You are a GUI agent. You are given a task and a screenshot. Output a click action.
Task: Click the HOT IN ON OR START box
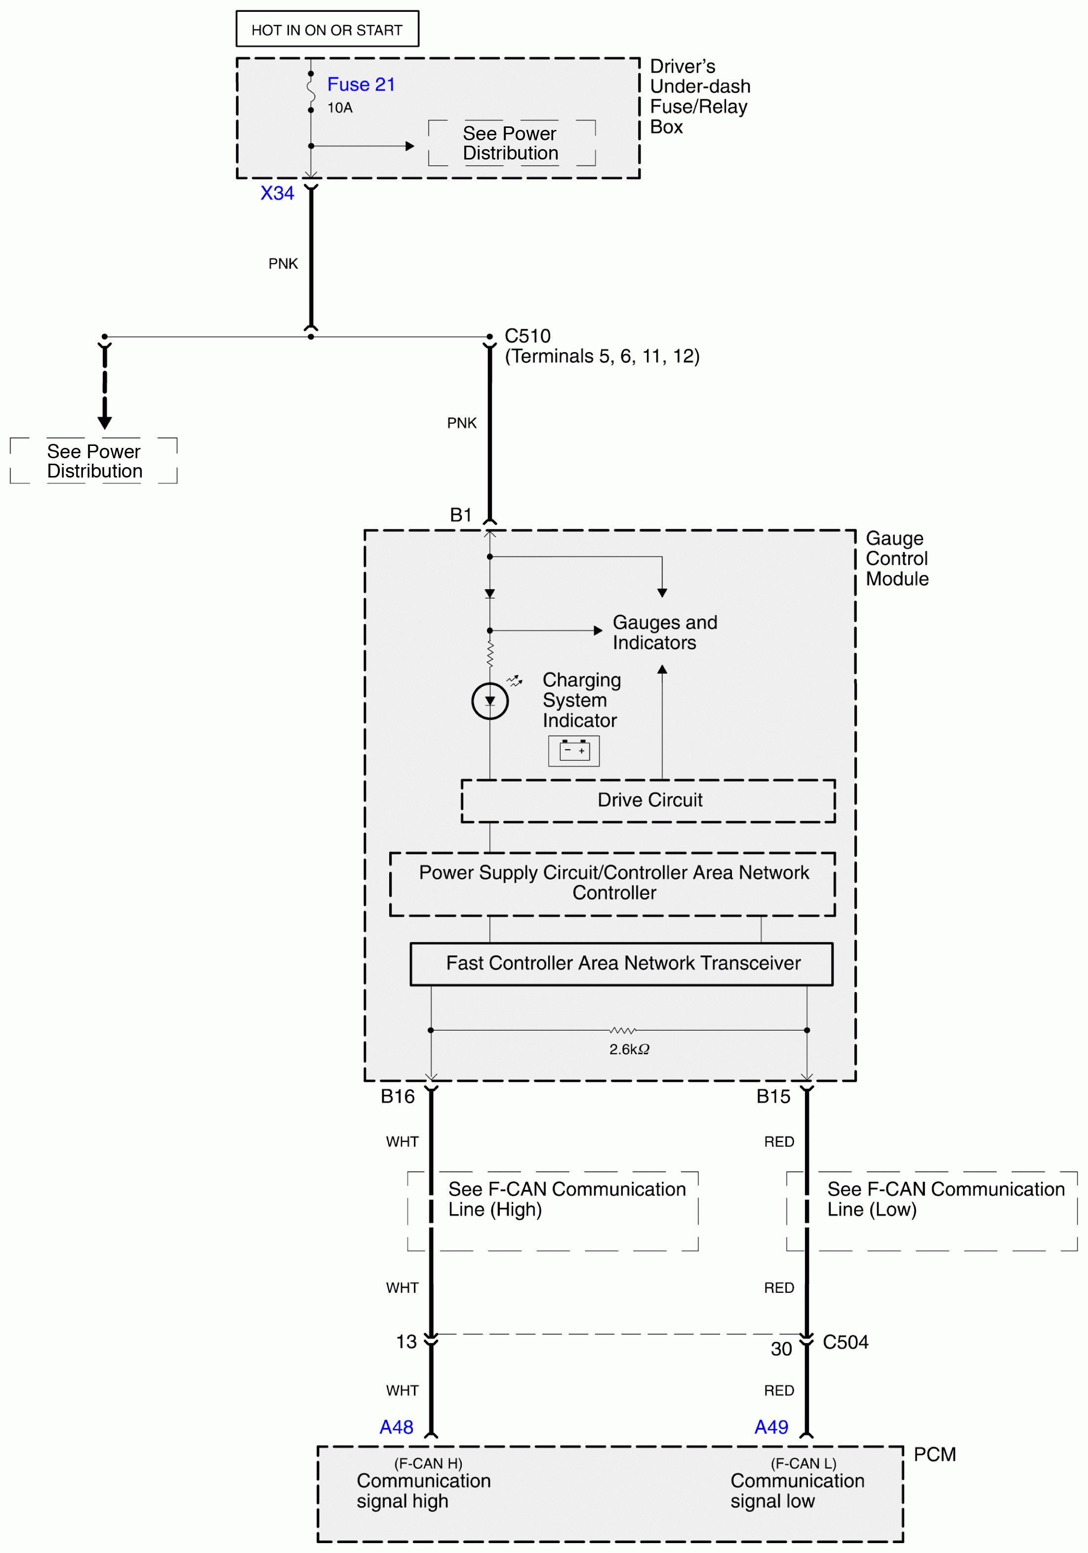tap(327, 29)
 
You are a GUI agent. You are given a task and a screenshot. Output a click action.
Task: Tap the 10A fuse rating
tap(340, 108)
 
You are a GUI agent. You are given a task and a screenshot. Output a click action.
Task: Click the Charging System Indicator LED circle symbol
tap(489, 701)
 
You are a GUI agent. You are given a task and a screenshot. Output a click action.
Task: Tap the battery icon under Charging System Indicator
tap(574, 751)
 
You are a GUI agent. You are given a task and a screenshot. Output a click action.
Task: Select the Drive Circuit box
tap(648, 801)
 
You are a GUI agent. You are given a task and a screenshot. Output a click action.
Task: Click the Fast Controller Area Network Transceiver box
tap(621, 963)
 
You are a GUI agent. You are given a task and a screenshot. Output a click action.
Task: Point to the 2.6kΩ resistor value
tap(629, 1049)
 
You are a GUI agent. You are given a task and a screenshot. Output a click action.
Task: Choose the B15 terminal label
tap(773, 1096)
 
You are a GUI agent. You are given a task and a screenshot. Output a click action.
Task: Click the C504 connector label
tap(845, 1342)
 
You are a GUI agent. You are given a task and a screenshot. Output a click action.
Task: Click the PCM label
tap(934, 1454)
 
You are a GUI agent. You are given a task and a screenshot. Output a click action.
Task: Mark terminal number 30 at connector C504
tap(781, 1350)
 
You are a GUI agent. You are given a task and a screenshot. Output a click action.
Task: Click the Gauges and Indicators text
tap(664, 633)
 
